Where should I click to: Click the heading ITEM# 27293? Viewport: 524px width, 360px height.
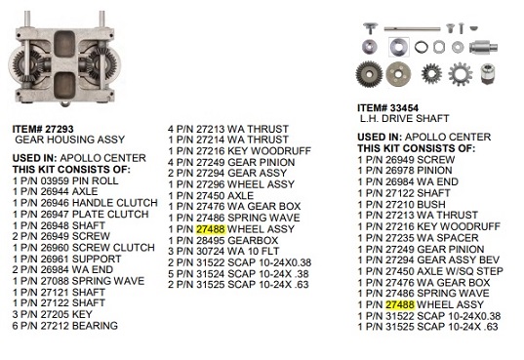tap(43, 129)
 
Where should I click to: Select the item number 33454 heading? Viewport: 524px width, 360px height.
tap(387, 108)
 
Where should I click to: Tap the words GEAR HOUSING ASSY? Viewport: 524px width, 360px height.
tap(70, 140)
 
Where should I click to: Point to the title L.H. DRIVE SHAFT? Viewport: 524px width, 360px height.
tap(404, 118)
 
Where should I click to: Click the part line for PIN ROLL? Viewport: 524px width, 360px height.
tap(65, 180)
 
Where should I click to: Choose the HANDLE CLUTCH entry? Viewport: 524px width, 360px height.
tap(85, 203)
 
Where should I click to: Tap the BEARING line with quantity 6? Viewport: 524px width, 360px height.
tap(64, 326)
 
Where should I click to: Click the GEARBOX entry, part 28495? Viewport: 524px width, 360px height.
tap(222, 240)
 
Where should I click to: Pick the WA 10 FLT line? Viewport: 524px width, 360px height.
tap(223, 252)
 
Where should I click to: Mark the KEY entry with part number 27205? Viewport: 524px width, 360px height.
tap(52, 314)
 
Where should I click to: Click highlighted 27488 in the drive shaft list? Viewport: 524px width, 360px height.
tap(400, 304)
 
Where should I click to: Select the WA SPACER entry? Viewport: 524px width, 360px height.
tap(418, 238)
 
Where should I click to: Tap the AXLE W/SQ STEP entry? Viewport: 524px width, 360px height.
tap(430, 271)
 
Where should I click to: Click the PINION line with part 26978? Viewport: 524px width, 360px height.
tap(405, 171)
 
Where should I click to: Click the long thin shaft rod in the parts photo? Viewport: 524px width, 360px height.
tap(412, 29)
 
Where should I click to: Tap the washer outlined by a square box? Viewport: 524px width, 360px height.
tap(399, 47)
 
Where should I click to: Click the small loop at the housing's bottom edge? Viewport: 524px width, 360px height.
tap(65, 104)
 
